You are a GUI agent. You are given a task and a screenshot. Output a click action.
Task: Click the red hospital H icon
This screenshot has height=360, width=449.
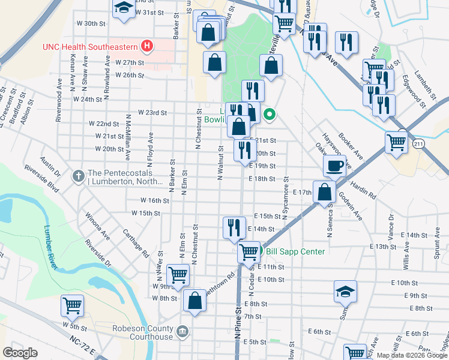(145, 46)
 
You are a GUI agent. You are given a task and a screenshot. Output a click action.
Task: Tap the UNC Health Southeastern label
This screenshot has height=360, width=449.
(90, 46)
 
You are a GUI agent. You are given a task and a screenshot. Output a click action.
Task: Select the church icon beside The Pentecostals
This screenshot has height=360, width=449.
(77, 176)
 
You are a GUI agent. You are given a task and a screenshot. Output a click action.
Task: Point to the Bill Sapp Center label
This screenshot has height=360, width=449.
(295, 251)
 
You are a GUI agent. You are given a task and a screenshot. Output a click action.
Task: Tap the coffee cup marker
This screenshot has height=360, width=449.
(334, 165)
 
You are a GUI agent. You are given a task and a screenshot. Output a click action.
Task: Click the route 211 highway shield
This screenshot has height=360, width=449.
(419, 142)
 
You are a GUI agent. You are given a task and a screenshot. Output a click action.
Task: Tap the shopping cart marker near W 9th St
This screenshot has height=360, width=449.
(178, 275)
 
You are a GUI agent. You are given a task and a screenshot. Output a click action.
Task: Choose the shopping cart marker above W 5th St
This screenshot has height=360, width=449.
(72, 305)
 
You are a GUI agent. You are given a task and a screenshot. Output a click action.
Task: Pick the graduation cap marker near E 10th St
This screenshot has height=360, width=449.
(345, 292)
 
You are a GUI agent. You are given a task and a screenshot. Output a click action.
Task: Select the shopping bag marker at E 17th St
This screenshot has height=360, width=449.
(324, 192)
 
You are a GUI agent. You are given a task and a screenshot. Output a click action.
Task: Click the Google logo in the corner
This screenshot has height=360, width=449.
(20, 352)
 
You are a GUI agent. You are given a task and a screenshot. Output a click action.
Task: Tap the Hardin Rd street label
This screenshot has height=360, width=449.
(363, 191)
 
